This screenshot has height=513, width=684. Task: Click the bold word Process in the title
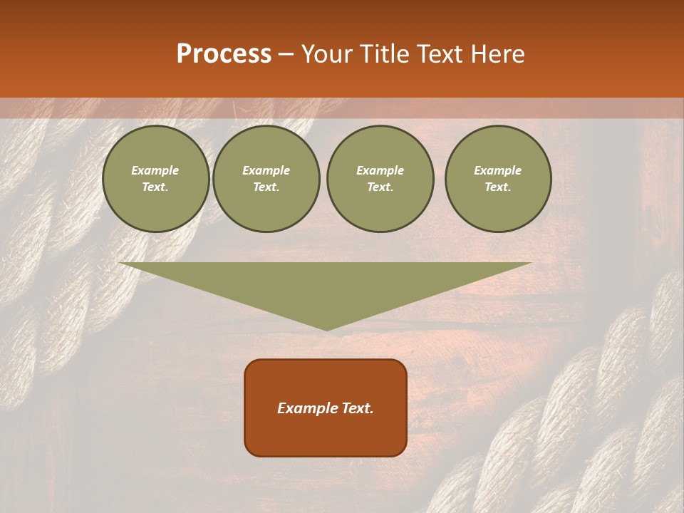[224, 54]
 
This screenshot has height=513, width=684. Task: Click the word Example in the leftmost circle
[155, 170]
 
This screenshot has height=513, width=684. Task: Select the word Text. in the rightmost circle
[498, 187]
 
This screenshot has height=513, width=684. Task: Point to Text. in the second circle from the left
[266, 187]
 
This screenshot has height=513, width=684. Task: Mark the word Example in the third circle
[380, 170]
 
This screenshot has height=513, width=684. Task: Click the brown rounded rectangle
[326, 435]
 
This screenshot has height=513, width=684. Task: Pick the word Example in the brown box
[305, 408]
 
